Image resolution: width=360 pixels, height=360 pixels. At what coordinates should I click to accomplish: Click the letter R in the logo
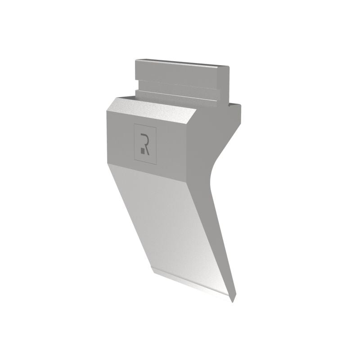pyautogui.click(x=145, y=144)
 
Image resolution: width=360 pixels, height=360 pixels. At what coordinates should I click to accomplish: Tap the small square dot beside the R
pyautogui.click(x=143, y=151)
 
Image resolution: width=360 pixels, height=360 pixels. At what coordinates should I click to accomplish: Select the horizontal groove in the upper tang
pyautogui.click(x=177, y=85)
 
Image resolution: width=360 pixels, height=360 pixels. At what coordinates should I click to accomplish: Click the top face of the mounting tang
pyautogui.click(x=181, y=63)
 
